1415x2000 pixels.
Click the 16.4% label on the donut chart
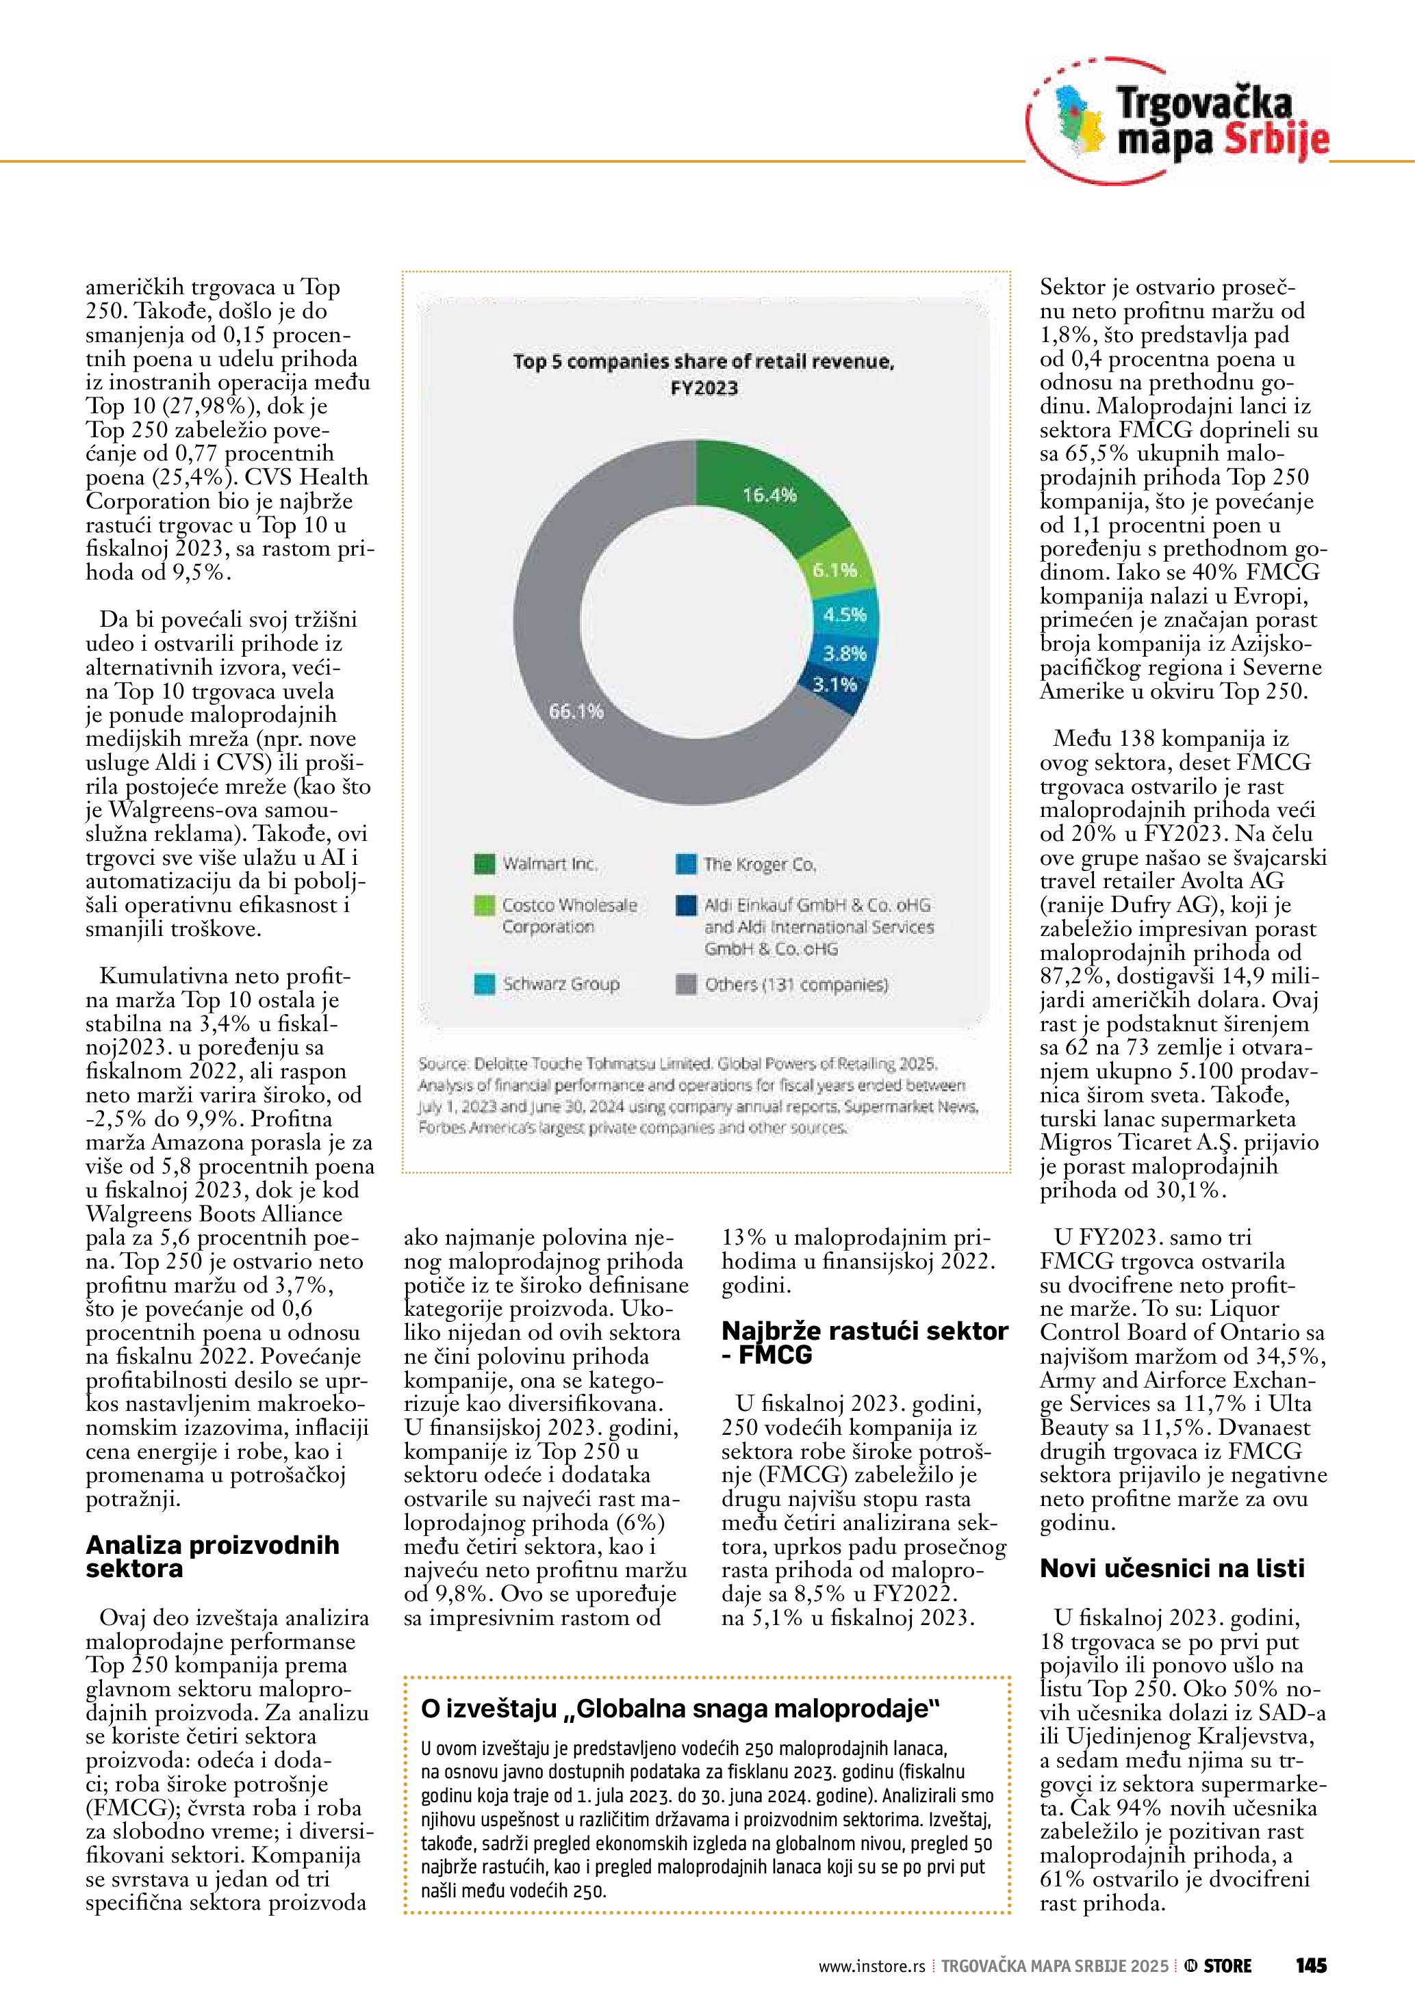(x=769, y=495)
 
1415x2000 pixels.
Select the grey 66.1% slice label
(x=575, y=712)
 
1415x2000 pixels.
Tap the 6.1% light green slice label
(x=834, y=571)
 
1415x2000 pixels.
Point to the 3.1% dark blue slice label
(x=834, y=685)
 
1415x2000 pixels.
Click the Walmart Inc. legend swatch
(x=485, y=864)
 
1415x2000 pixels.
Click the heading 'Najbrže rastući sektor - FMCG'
(x=865, y=1342)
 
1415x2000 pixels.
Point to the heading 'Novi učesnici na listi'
(x=1172, y=1569)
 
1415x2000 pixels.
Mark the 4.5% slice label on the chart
(x=844, y=615)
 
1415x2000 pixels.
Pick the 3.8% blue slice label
(x=844, y=653)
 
